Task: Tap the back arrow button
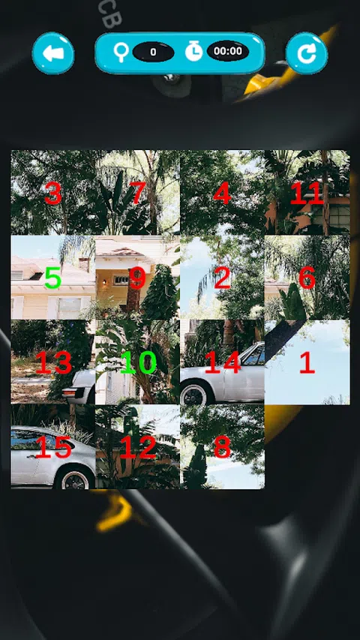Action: tap(53, 53)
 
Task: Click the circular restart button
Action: tap(307, 53)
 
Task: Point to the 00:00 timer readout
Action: tap(228, 51)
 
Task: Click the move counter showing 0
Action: tap(153, 52)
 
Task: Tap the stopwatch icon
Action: tap(194, 52)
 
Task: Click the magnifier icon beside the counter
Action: tap(121, 53)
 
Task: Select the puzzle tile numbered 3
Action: tap(53, 193)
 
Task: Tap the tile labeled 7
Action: tap(137, 193)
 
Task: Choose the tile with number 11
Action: tap(307, 193)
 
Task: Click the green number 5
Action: tap(53, 278)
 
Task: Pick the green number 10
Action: tap(138, 362)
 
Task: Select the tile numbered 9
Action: tap(137, 278)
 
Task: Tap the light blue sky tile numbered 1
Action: tap(307, 362)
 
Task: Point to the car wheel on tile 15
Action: tap(76, 478)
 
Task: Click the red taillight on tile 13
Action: tap(70, 392)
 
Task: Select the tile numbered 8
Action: tap(223, 447)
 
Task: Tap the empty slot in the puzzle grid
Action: tap(307, 447)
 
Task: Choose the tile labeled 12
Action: tap(137, 447)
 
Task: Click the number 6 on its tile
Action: tap(307, 278)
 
